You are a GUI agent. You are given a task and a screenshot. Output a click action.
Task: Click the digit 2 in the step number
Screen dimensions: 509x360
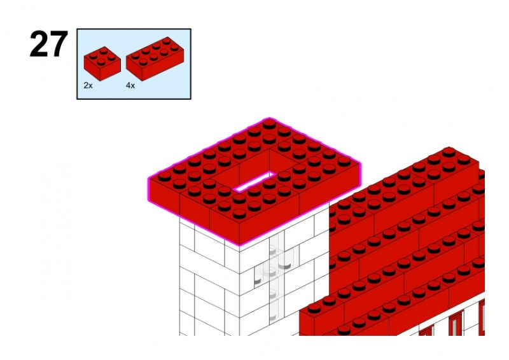pyautogui.click(x=39, y=44)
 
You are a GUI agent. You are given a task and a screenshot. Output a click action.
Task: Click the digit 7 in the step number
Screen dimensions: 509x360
pyautogui.click(x=59, y=44)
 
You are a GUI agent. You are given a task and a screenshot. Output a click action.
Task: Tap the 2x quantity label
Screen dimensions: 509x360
pyautogui.click(x=88, y=85)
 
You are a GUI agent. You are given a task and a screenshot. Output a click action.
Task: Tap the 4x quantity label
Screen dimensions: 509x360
pyautogui.click(x=130, y=85)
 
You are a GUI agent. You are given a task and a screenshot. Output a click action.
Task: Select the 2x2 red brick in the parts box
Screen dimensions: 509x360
pyautogui.click(x=102, y=64)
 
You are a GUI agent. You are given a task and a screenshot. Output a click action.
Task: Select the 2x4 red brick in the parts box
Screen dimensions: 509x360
pyautogui.click(x=155, y=59)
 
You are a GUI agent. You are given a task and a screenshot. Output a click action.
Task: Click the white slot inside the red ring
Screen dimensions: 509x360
pyautogui.click(x=255, y=181)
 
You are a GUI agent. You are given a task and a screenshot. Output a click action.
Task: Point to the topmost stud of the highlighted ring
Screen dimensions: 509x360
pyautogui.click(x=269, y=123)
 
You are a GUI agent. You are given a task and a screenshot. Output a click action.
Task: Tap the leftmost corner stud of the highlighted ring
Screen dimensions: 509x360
pyautogui.click(x=165, y=176)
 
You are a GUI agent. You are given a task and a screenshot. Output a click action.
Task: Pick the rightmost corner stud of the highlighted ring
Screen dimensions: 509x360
pyautogui.click(x=344, y=162)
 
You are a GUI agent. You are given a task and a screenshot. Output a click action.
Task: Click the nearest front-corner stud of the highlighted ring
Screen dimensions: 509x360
pyautogui.click(x=239, y=214)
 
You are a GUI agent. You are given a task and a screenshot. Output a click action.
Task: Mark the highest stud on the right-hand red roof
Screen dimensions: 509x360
pyautogui.click(x=449, y=151)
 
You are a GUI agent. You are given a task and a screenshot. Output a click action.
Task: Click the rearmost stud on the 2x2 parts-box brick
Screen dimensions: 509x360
pyautogui.click(x=104, y=51)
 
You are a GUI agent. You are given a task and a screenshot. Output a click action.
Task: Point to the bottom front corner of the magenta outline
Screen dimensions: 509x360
pyautogui.click(x=240, y=246)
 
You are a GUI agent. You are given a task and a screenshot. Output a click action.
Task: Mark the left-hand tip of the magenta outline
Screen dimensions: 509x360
pyautogui.click(x=149, y=179)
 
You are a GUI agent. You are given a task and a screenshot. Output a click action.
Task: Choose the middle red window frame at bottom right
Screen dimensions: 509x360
pyautogui.click(x=455, y=323)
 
